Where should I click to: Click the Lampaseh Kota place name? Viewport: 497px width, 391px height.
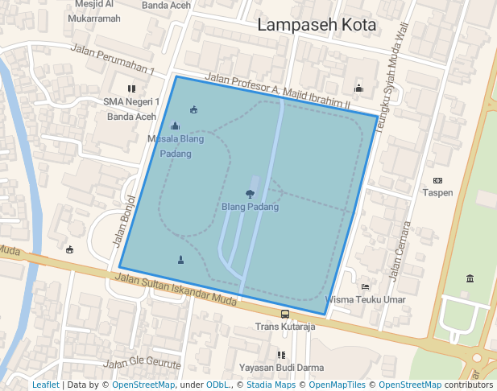[317, 25]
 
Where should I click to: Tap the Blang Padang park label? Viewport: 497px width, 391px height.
[250, 207]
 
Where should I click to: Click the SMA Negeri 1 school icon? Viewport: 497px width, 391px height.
[130, 88]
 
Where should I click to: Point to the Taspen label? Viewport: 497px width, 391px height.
[437, 193]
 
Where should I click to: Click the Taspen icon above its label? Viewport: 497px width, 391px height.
[437, 180]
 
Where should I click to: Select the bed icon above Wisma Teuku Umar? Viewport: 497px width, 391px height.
[365, 286]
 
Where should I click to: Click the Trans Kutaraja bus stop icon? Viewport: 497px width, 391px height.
[284, 315]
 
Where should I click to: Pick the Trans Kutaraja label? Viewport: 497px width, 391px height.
[284, 327]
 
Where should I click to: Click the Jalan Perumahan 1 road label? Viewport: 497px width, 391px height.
[113, 61]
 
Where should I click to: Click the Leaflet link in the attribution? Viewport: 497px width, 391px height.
[45, 385]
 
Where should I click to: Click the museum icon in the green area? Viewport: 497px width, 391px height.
[470, 278]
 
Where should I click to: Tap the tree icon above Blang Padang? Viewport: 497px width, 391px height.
[250, 193]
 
